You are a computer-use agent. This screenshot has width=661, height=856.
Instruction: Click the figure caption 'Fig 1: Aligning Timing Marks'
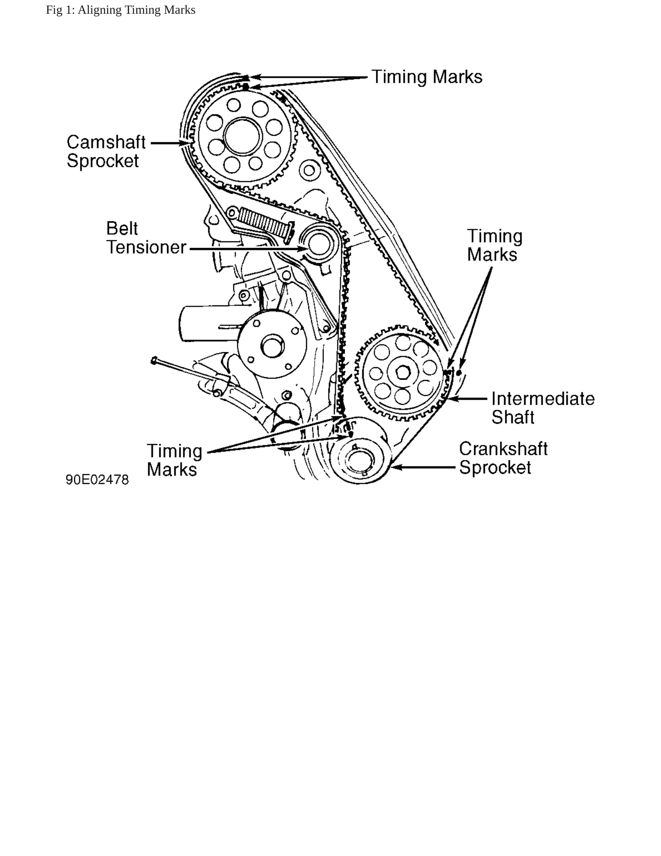click(120, 10)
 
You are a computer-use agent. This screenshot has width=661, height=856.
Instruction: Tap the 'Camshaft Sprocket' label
click(106, 152)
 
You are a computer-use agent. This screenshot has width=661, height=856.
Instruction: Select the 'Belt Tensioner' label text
click(146, 238)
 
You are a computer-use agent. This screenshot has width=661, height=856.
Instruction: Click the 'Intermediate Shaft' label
click(543, 408)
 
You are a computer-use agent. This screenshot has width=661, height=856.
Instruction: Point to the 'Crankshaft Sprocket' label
click(503, 458)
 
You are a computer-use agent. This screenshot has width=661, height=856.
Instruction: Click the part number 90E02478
click(97, 480)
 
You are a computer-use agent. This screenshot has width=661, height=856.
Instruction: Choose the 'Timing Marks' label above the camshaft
click(427, 77)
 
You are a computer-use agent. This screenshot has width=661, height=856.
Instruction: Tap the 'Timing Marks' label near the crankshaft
click(174, 460)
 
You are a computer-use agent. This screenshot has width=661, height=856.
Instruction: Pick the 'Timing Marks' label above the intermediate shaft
click(494, 245)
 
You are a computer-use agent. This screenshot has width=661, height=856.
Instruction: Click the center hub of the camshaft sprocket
click(242, 136)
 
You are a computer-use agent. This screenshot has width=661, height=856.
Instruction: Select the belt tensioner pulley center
click(318, 244)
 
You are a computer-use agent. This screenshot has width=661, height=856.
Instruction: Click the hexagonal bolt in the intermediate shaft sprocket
click(403, 373)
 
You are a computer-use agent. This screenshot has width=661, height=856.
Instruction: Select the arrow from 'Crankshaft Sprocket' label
click(423, 467)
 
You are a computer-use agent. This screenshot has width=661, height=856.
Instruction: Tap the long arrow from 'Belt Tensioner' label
click(248, 249)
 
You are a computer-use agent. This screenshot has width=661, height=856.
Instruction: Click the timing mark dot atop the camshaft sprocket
click(246, 86)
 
